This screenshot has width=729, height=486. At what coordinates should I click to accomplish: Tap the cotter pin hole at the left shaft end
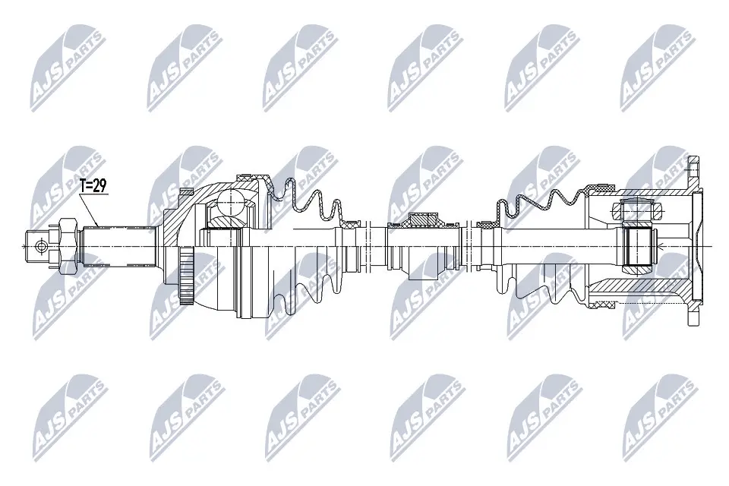coord(39,245)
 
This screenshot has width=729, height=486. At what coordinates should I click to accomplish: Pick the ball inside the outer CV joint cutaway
coord(229,204)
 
